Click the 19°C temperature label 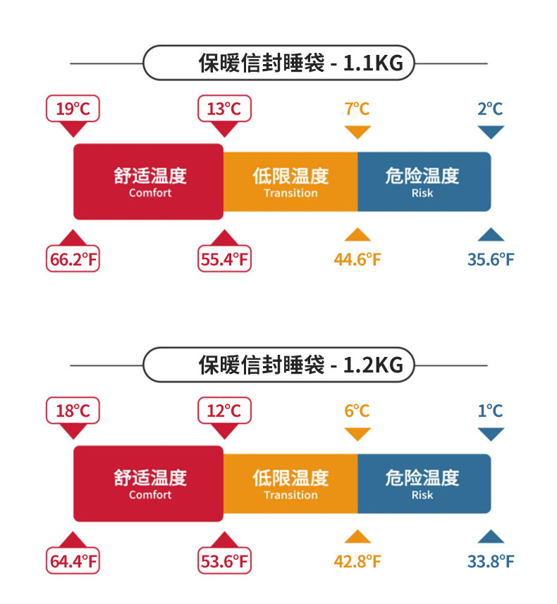(73, 109)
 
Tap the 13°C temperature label (224, 109)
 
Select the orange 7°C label (357, 109)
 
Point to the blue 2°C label (490, 109)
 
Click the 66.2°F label (73, 260)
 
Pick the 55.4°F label (224, 260)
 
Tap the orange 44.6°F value (357, 260)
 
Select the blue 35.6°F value (491, 260)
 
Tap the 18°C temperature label (73, 411)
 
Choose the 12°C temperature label (224, 411)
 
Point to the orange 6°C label (357, 411)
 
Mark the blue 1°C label (490, 411)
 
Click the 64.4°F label (73, 562)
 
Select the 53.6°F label (224, 562)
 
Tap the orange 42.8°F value (357, 562)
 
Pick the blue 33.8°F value (491, 562)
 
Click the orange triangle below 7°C (357, 132)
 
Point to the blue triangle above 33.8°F (491, 537)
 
